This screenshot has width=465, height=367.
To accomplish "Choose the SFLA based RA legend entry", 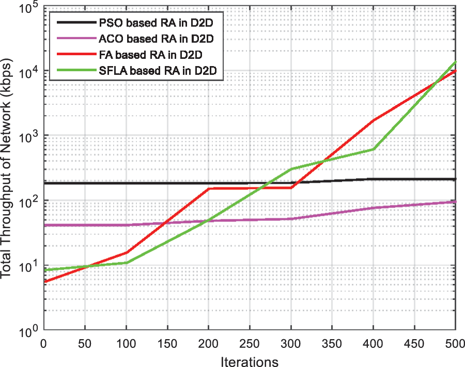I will click(x=159, y=71).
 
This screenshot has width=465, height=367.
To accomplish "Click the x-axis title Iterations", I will click(x=249, y=360).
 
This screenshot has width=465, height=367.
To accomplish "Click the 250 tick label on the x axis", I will click(x=249, y=342).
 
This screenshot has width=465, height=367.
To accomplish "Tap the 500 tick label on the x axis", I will click(x=454, y=342).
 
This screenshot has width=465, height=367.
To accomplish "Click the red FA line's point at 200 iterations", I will click(x=208, y=189).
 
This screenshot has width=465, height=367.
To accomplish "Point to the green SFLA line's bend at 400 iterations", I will click(x=373, y=149).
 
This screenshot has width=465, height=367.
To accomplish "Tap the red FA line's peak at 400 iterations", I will click(x=373, y=120).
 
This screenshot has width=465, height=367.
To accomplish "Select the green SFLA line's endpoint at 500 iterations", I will click(x=455, y=62).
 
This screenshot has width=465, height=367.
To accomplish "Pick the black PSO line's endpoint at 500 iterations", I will click(x=455, y=179).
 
